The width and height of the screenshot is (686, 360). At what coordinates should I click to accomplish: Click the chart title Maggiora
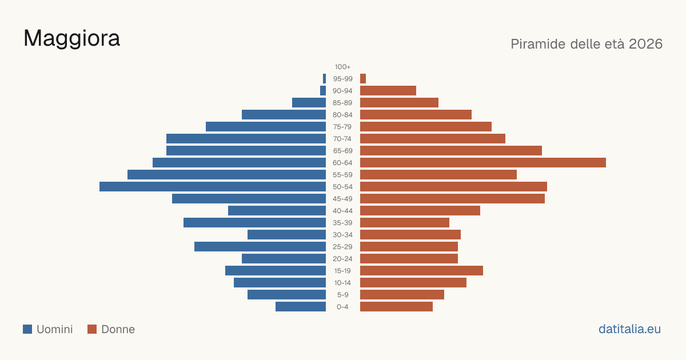[x=71, y=39]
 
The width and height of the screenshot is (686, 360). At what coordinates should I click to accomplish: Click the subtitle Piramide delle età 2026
[x=587, y=44]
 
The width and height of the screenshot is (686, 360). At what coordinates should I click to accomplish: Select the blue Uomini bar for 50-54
[x=213, y=187]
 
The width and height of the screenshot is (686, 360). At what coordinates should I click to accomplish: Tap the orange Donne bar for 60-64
[x=483, y=162]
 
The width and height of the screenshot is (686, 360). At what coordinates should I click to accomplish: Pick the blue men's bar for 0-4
[x=301, y=307]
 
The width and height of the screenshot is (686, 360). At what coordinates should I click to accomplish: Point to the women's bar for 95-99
[x=363, y=79]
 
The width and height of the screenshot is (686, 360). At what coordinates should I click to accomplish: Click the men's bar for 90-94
[x=323, y=91]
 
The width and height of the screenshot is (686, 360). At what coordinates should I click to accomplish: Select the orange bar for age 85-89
[x=400, y=102]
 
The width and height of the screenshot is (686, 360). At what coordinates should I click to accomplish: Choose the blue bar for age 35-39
[x=255, y=222]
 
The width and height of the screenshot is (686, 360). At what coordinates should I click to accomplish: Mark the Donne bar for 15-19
[x=422, y=271]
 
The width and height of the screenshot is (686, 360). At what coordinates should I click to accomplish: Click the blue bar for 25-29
[x=260, y=247]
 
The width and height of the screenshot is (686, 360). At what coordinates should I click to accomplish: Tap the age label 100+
[x=342, y=67]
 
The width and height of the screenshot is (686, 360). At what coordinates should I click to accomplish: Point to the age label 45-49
[x=342, y=199]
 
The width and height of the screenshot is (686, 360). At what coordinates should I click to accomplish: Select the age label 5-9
[x=342, y=295]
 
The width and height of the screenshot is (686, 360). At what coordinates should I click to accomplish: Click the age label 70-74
[x=342, y=139]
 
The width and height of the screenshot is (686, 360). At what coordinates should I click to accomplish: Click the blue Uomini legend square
[x=27, y=329]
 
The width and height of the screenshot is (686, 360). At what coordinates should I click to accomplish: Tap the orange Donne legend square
[x=92, y=329]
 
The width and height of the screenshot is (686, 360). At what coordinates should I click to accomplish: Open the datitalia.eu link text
[x=629, y=329]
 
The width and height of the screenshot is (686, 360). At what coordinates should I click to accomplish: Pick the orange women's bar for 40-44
[x=420, y=211]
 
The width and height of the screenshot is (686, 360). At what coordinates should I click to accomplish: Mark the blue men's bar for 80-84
[x=284, y=115]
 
